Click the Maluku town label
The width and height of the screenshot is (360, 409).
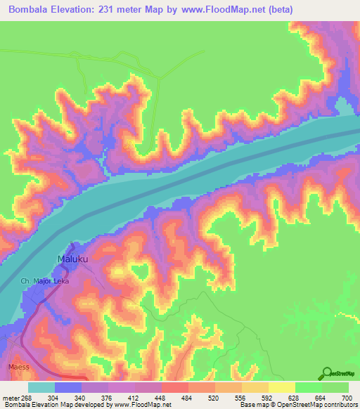point(73,259)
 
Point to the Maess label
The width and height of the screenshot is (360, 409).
point(19,367)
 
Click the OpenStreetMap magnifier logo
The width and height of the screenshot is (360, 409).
point(328,373)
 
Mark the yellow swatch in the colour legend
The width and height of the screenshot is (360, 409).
point(281,387)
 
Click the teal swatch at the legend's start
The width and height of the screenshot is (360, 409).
point(41,387)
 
